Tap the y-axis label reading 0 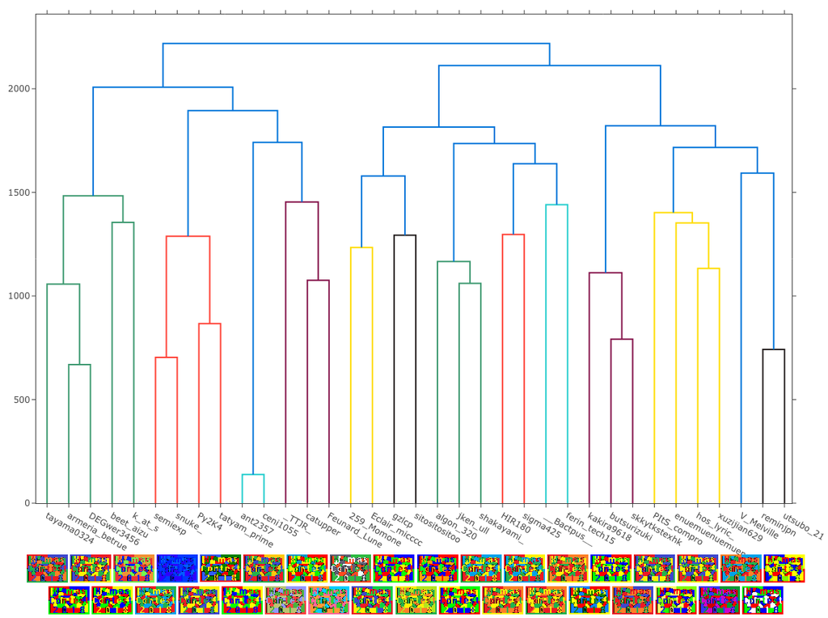pyautogui.click(x=26, y=503)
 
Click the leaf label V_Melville pyautogui.click(x=758, y=527)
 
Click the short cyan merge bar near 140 pyautogui.click(x=253, y=475)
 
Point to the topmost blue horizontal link pyautogui.click(x=356, y=44)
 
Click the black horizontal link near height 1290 pyautogui.click(x=405, y=235)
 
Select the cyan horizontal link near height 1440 pyautogui.click(x=557, y=205)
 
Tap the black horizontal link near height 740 pyautogui.click(x=774, y=349)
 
